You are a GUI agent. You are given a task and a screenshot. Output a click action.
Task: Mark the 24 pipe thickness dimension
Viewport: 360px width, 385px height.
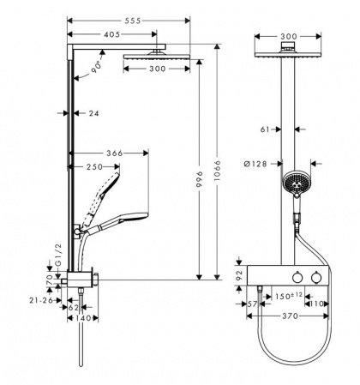point(92,111)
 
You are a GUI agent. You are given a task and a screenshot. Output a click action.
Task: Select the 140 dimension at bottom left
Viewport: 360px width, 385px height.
point(83,316)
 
